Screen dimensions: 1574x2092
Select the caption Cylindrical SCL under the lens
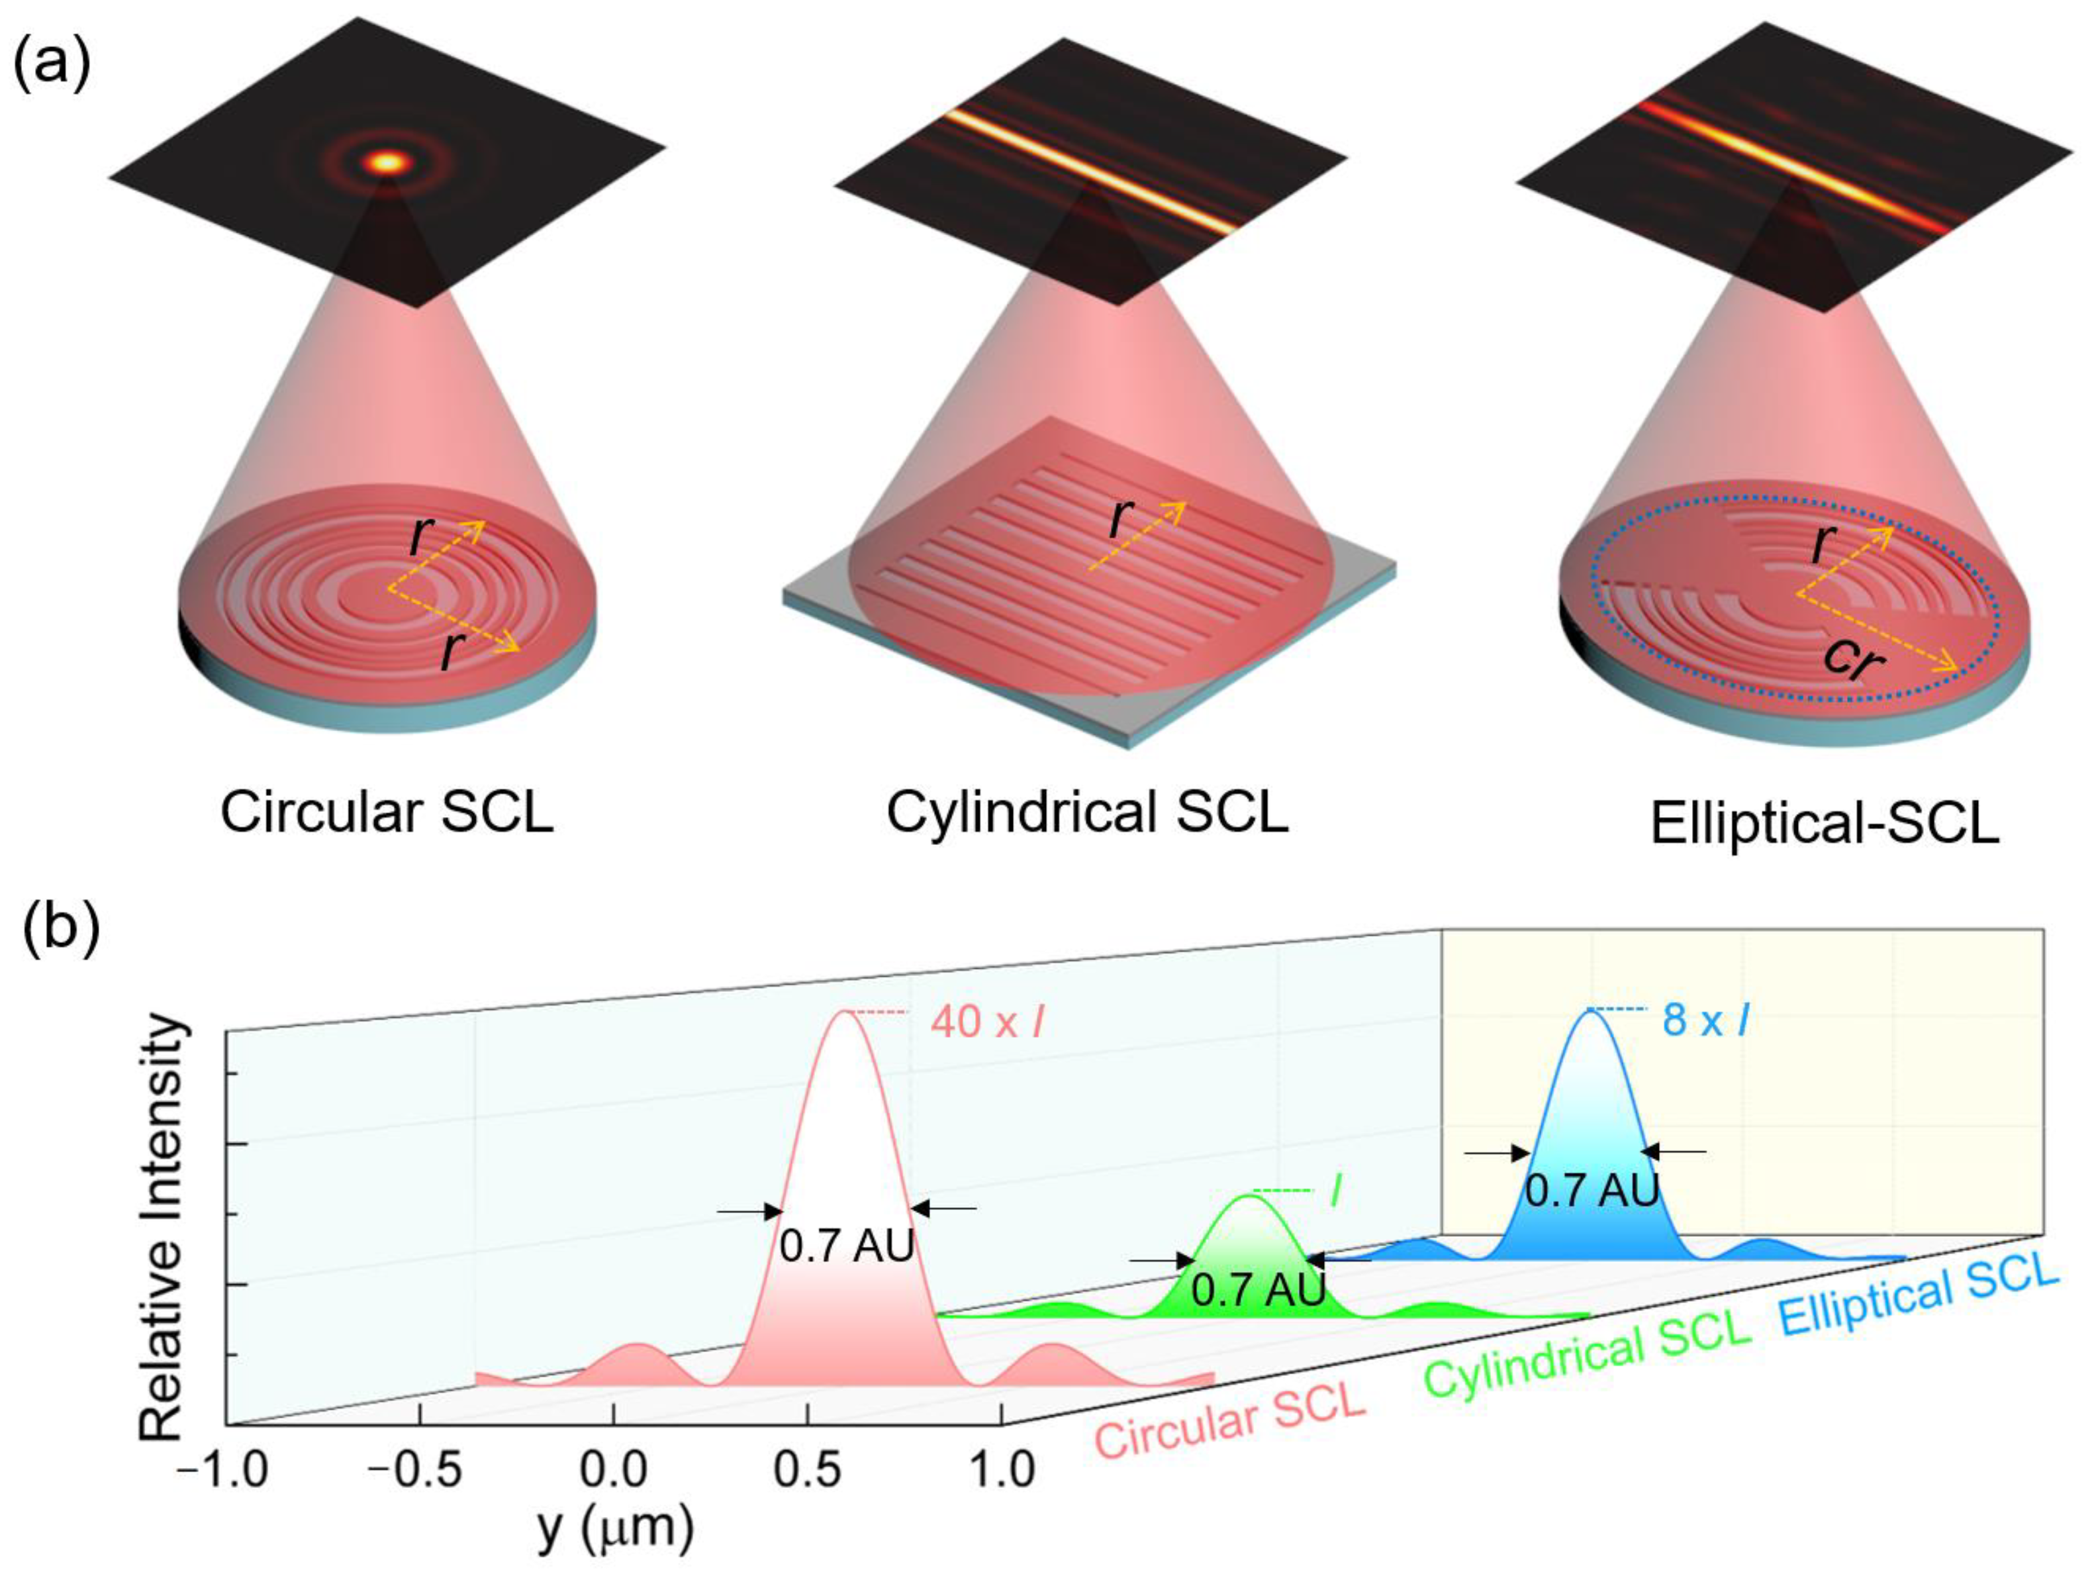click(1088, 812)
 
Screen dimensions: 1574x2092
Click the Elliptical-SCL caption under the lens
click(1825, 823)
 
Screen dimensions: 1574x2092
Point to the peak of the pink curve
click(843, 1014)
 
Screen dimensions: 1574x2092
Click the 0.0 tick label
click(614, 1471)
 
